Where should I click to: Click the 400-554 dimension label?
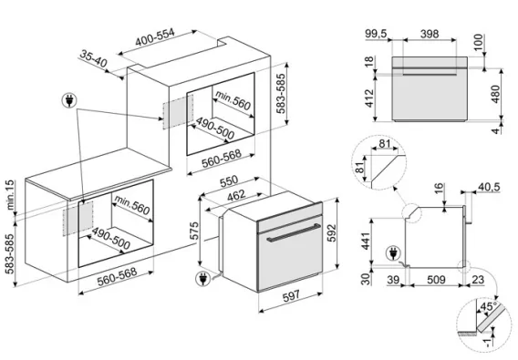point(155,37)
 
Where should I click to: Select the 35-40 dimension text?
point(94,58)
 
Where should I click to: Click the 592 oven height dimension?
point(331,232)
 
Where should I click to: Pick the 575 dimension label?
point(195,231)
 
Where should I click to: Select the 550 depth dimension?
point(229,180)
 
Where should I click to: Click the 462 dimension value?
point(236,195)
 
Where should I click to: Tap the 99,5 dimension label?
point(376,34)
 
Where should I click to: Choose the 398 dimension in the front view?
point(430,34)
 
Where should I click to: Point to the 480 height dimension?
point(495,94)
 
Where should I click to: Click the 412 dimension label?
point(369,98)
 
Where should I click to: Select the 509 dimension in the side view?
point(436,280)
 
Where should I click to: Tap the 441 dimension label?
point(367,241)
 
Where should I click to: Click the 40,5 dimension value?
point(489,187)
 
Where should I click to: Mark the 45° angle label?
point(488,306)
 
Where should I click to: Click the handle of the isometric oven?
point(294,232)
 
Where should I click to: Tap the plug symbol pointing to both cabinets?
point(69,100)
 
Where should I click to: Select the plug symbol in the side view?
point(393,253)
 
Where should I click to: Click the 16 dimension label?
point(439,189)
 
